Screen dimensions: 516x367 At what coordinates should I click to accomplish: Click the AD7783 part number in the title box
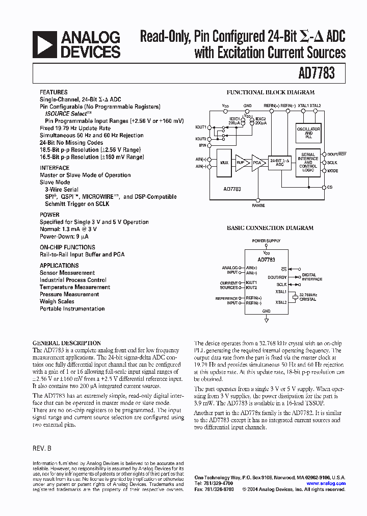(317, 73)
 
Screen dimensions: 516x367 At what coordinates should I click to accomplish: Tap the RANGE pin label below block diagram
(258, 205)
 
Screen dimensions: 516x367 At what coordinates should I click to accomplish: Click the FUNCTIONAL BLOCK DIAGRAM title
(270, 93)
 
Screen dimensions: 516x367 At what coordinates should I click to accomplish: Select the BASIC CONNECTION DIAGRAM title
(270, 228)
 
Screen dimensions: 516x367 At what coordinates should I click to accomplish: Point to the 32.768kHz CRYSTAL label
(308, 297)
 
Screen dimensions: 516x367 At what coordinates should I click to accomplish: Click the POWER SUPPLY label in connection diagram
(266, 241)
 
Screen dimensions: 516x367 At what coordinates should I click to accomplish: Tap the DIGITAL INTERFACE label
(312, 277)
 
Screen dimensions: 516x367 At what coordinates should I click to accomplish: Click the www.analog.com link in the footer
(326, 483)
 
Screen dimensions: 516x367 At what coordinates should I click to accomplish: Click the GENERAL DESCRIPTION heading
(67, 343)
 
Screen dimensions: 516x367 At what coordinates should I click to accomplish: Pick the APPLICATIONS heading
(59, 266)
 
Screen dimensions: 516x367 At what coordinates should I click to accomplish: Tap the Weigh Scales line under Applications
(57, 301)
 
